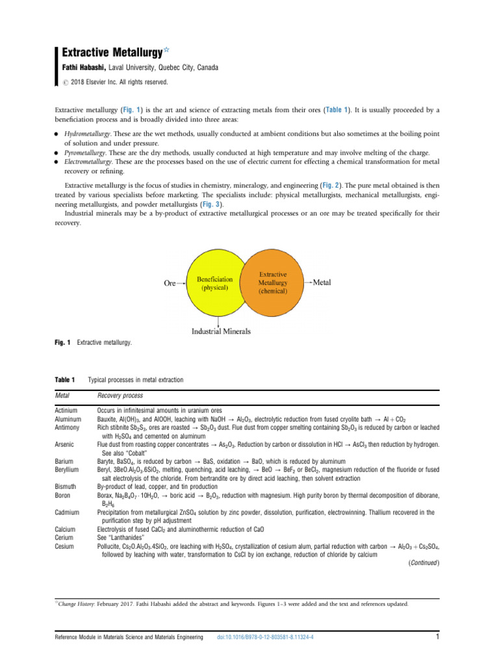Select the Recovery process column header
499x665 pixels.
pyautogui.click(x=120, y=395)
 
